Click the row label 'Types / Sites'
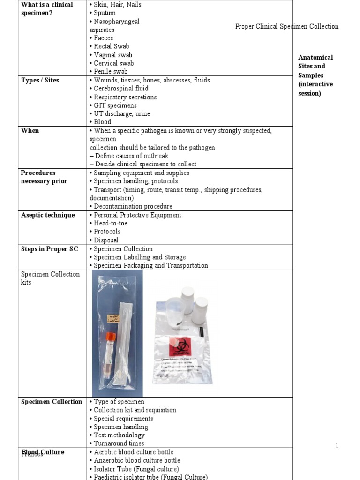(40, 80)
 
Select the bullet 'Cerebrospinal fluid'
(121, 89)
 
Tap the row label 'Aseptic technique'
(48, 215)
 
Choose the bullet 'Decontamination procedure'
(133, 206)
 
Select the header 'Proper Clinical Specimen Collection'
(286, 26)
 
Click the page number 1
(337, 446)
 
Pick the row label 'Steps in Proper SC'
(50, 249)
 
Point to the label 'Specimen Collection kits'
(50, 278)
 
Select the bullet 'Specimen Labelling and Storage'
(139, 257)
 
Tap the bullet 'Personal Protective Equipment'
(137, 215)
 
